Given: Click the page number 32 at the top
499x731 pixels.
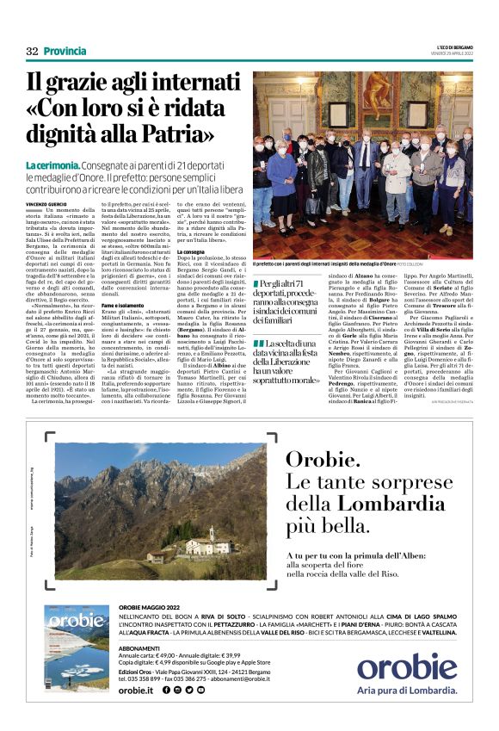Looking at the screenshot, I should (32, 52).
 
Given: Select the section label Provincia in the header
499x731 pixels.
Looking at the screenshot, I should (65, 52).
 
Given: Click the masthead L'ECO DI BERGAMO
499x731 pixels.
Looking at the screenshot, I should (454, 46).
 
